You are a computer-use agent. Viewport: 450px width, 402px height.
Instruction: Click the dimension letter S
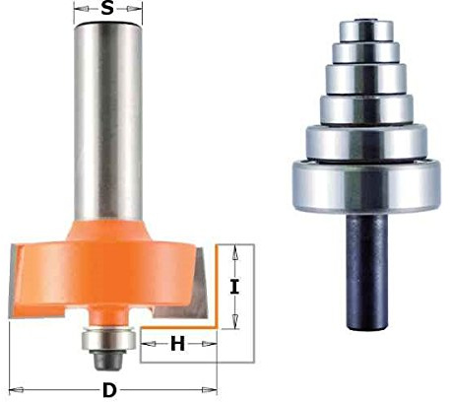tap(107, 8)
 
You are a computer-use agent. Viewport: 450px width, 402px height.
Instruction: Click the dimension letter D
tap(109, 390)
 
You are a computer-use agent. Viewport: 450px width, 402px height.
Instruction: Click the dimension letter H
tap(178, 344)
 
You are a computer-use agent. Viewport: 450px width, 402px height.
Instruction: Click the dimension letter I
tap(234, 287)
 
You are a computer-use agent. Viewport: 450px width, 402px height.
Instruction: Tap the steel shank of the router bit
tap(108, 121)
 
